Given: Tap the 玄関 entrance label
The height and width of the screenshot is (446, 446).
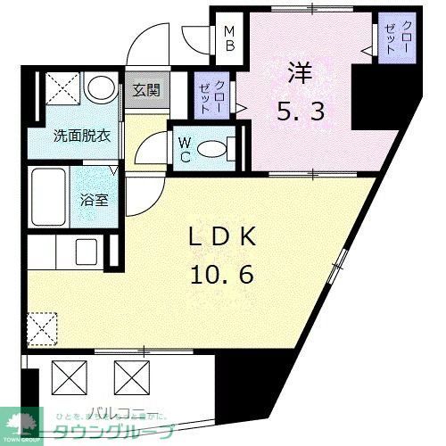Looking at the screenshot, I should (x=145, y=90).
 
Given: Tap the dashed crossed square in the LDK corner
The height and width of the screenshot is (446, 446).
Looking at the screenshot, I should (x=42, y=329).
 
